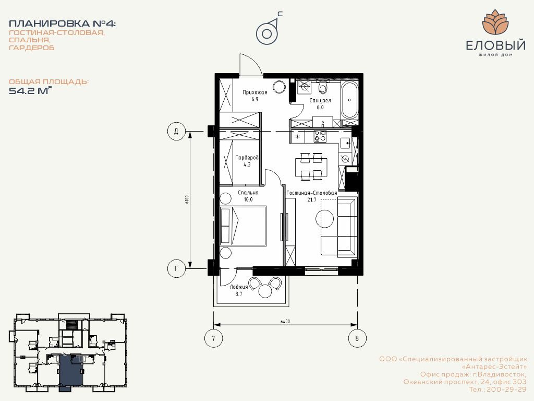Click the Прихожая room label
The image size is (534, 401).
254,92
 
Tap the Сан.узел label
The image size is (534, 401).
320,100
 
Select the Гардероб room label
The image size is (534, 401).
247,158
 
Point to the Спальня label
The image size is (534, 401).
248,193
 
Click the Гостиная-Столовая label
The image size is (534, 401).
312,193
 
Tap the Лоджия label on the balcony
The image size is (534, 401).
239,287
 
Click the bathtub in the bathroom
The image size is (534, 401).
349,100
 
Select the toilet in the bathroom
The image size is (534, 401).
322,87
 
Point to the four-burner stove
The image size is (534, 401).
320,136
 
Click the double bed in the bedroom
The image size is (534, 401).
243,226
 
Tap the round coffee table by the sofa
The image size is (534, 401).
324,219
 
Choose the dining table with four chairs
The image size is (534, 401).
311,167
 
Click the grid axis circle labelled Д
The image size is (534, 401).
176,131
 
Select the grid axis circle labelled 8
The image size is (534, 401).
357,338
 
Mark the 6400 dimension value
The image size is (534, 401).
285,322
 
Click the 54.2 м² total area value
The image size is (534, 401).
30,90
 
